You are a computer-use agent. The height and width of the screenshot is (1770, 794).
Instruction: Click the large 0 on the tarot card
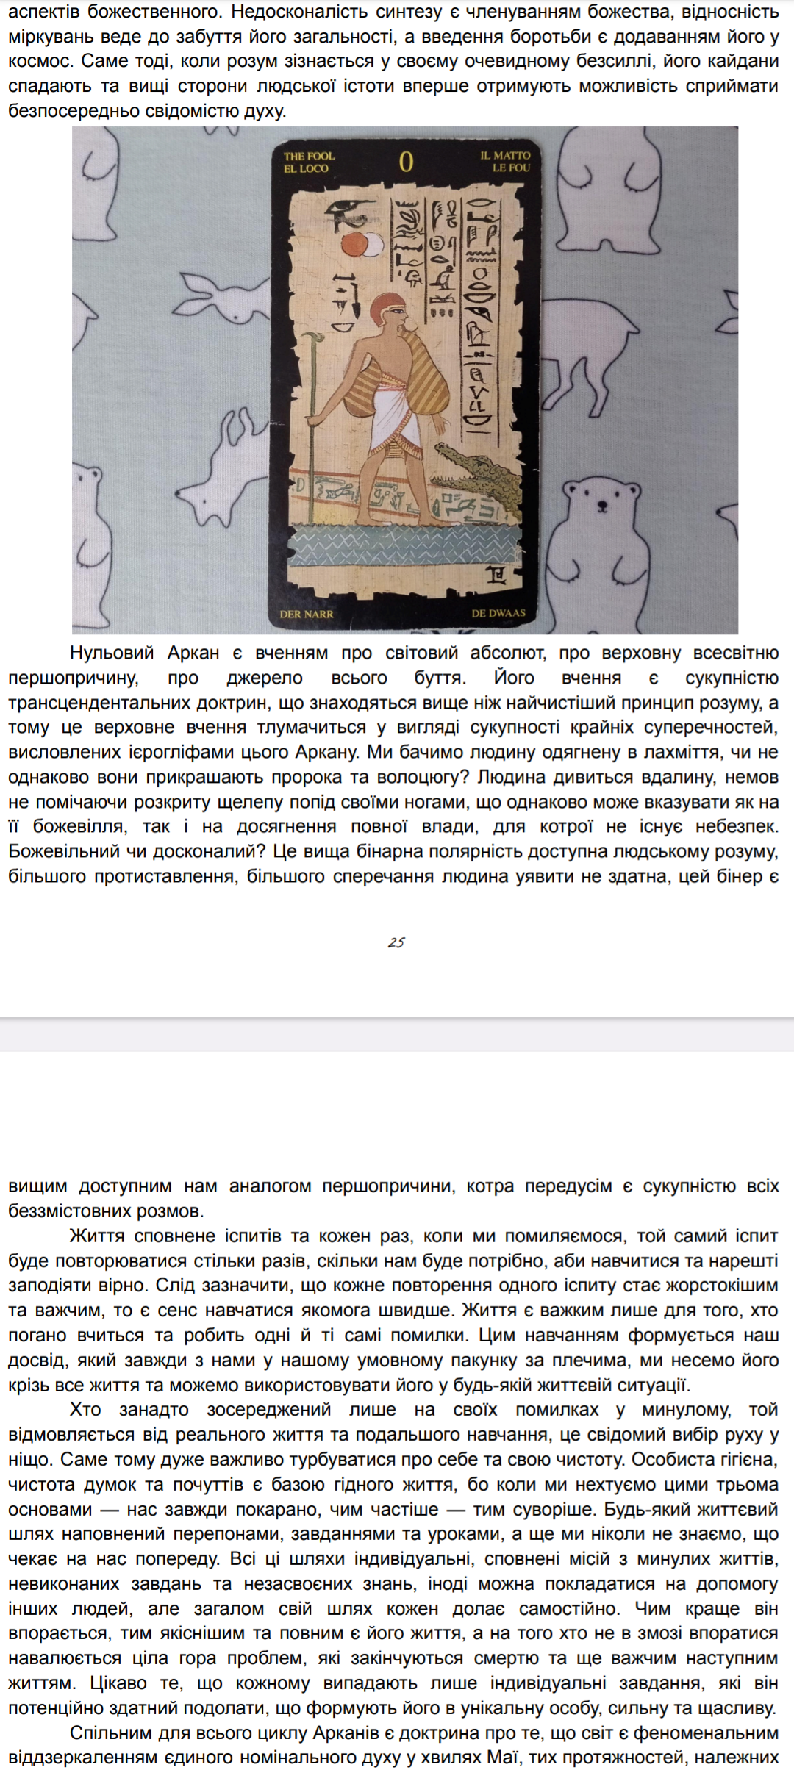(x=406, y=162)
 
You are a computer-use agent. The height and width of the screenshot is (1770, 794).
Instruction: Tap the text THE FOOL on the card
(x=309, y=156)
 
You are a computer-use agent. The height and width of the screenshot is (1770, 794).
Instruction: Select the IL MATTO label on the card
(x=505, y=155)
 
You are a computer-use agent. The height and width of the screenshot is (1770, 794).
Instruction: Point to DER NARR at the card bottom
(x=307, y=614)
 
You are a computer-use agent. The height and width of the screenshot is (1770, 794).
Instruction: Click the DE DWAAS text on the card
(x=498, y=612)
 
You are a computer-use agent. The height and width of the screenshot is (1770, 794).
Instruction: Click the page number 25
(x=396, y=942)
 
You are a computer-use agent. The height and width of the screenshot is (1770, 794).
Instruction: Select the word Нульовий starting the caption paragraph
(x=112, y=653)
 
